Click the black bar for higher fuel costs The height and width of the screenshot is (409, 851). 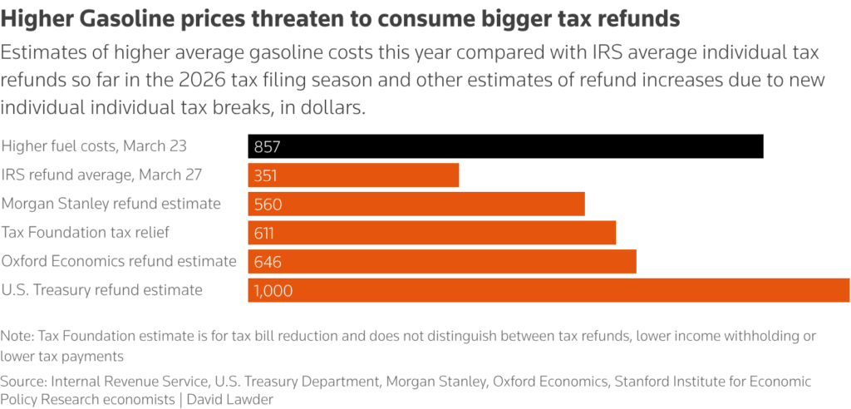tap(505, 146)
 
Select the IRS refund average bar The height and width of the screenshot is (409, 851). tap(353, 175)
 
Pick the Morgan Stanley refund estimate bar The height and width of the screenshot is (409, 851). tap(416, 204)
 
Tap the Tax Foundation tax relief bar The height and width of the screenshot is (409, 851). tap(432, 233)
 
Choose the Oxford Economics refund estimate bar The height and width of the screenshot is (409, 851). tap(442, 261)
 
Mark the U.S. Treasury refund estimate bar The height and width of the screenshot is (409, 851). tap(548, 290)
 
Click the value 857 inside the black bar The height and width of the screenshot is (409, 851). tap(268, 147)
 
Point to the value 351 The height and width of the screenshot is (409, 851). tap(266, 175)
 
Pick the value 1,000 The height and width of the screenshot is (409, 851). tap(273, 291)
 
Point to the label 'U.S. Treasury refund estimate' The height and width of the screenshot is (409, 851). tap(101, 289)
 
